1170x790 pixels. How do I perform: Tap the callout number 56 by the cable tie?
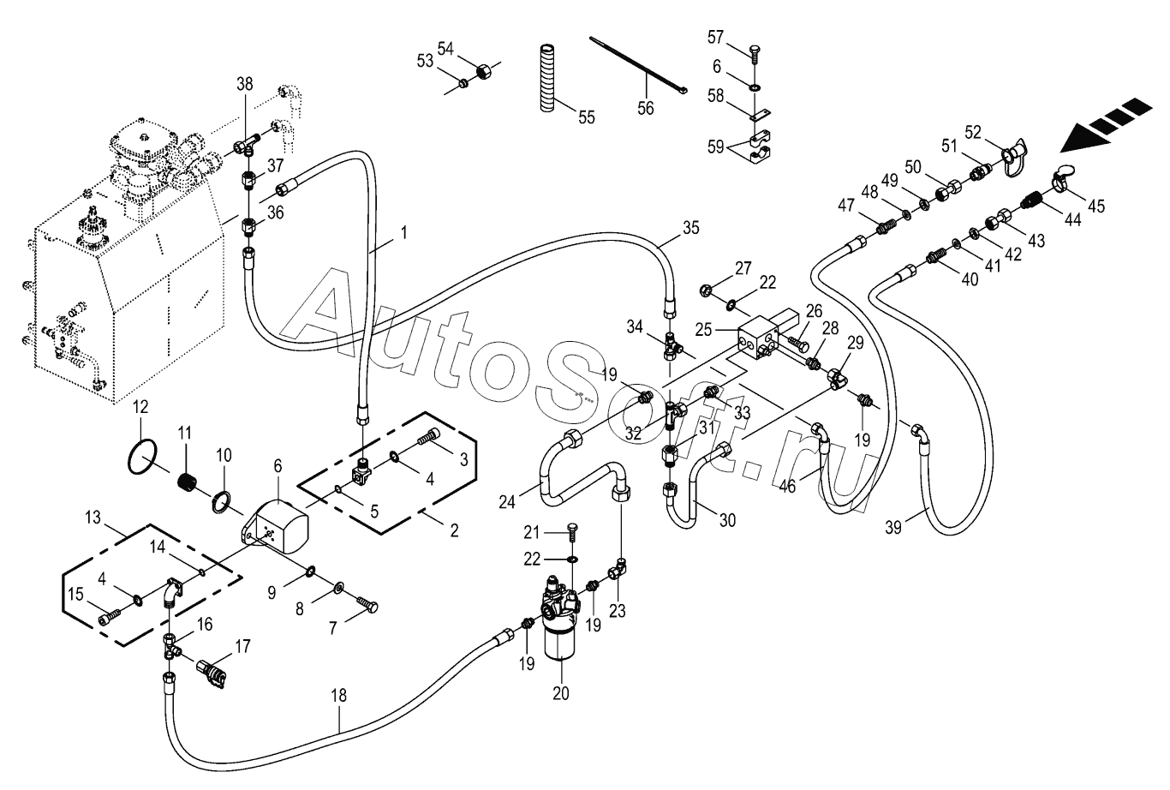point(646,108)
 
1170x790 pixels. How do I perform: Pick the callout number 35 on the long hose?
point(690,228)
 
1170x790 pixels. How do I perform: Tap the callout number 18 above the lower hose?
point(338,696)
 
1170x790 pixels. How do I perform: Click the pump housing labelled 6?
point(276,525)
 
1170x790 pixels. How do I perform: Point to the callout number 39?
point(893,528)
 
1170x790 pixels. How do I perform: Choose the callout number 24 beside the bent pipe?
point(507,502)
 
